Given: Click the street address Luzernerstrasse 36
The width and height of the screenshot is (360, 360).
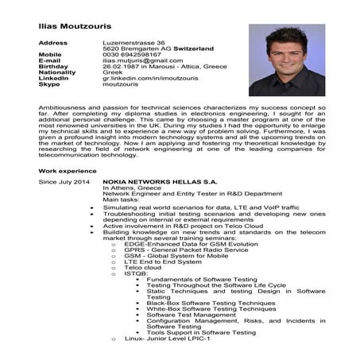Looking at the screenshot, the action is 134,41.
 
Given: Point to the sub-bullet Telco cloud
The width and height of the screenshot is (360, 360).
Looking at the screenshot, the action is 143,268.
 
